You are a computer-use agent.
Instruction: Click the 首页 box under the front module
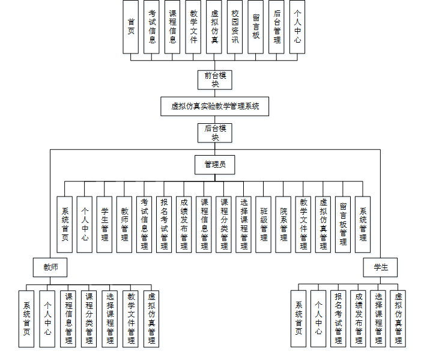click(x=131, y=26)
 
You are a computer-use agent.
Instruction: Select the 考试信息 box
click(x=152, y=26)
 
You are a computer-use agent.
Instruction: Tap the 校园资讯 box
click(x=235, y=26)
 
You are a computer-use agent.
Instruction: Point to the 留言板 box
click(x=256, y=26)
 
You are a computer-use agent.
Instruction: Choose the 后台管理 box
click(x=276, y=26)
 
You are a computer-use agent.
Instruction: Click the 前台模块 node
click(x=215, y=79)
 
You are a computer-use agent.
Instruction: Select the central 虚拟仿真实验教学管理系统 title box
click(x=215, y=106)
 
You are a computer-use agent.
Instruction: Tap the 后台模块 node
click(x=215, y=132)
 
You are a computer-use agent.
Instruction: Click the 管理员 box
click(x=214, y=164)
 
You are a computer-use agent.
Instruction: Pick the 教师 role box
click(x=50, y=267)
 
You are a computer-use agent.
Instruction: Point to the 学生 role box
click(x=380, y=267)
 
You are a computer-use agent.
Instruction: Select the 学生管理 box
click(x=104, y=224)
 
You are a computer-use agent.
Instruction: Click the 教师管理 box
click(x=124, y=224)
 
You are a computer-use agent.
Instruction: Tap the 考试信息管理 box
click(x=144, y=224)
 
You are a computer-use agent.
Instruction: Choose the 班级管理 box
click(x=264, y=224)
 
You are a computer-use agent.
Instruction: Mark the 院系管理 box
click(x=283, y=224)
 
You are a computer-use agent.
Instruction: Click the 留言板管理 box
click(x=343, y=224)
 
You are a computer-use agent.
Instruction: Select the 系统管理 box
click(x=363, y=224)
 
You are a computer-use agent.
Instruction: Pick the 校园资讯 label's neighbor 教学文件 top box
click(x=193, y=26)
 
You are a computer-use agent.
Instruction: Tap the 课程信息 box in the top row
click(x=172, y=26)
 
